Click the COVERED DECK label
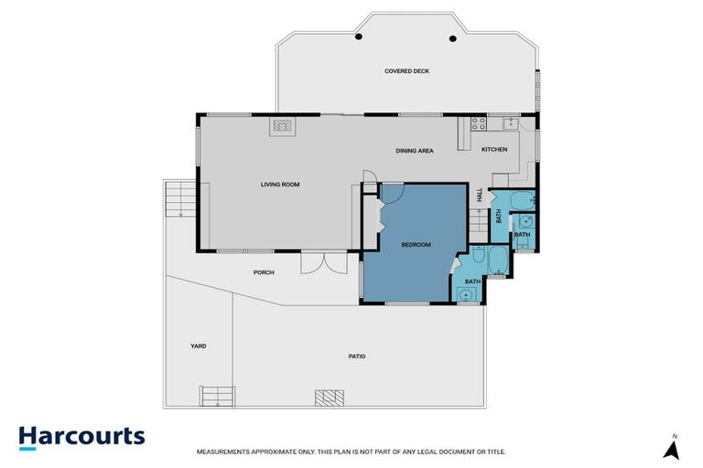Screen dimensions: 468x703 [407, 71]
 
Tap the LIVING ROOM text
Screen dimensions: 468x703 [280, 185]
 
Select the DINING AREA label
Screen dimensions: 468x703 [414, 151]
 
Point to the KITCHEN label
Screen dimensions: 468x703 [494, 149]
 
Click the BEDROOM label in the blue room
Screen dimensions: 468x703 [416, 244]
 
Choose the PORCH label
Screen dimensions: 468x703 [264, 272]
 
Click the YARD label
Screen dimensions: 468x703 [198, 346]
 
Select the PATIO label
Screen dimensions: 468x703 [357, 356]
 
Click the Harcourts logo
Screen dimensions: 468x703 [82, 436]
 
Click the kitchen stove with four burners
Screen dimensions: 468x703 [477, 123]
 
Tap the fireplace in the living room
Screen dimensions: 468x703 [283, 126]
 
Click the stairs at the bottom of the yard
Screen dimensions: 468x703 [218, 397]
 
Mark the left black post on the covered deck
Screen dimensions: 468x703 [360, 37]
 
